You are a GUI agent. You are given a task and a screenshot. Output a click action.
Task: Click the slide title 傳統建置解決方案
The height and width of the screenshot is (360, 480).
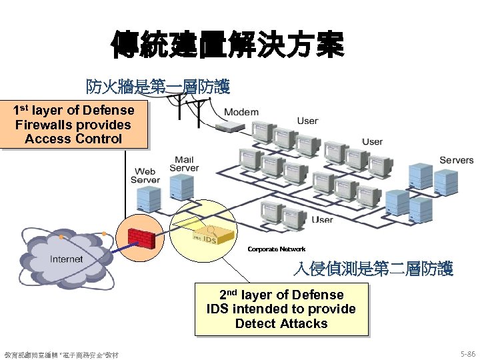[x=227, y=43]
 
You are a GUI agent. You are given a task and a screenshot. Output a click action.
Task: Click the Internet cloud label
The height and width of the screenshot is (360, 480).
[x=67, y=259]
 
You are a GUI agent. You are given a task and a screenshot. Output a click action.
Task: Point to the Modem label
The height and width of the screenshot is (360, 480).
[x=241, y=111]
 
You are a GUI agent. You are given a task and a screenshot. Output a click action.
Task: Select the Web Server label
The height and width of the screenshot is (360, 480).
[x=145, y=176]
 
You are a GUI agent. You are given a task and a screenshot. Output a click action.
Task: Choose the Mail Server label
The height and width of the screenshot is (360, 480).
[x=184, y=164]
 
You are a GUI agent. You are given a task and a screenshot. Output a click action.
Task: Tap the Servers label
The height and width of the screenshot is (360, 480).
[x=456, y=160]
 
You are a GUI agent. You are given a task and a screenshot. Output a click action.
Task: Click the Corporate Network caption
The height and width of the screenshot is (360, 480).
[x=276, y=249]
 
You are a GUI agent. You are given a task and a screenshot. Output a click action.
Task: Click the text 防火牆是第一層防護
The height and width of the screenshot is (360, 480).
[x=157, y=87]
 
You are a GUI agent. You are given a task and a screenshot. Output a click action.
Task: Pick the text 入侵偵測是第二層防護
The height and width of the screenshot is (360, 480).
[x=373, y=269]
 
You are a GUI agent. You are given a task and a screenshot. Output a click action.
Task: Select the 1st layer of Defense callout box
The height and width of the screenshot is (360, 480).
[x=73, y=125]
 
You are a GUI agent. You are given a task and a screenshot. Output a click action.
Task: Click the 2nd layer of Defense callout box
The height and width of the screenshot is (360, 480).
[x=281, y=309]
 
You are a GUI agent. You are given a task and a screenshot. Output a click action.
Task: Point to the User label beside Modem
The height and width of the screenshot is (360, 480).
[x=307, y=121]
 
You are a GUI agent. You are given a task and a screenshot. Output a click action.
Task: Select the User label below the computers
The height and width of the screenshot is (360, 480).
[x=322, y=219]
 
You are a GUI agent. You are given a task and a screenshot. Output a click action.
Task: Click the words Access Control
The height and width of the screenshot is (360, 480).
[x=73, y=139]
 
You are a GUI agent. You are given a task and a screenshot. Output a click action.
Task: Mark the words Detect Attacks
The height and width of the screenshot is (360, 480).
[x=281, y=323]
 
